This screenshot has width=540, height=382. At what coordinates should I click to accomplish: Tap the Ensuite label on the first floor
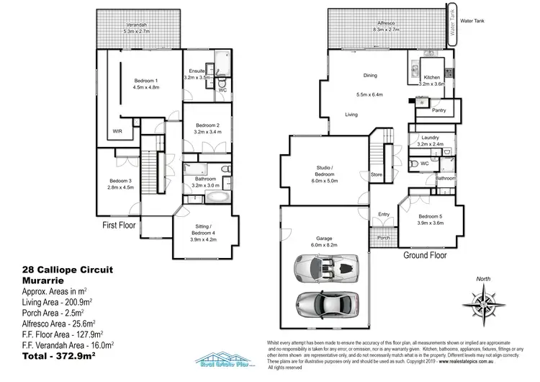[197, 71]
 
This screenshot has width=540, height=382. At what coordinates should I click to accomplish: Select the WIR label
[116, 131]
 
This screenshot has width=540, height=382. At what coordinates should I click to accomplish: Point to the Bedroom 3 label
[121, 180]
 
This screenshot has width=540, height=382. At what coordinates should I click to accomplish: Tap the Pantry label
[438, 110]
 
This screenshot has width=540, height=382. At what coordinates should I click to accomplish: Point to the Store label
[375, 174]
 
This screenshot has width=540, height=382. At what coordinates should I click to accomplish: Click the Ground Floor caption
[424, 255]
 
